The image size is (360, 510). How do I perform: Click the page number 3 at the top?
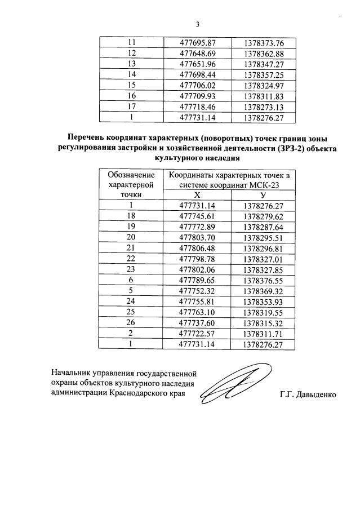(x=198, y=24)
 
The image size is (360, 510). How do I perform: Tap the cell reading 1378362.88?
(x=264, y=54)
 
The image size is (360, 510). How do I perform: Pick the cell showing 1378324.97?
(x=264, y=86)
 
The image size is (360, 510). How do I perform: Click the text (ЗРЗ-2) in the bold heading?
(x=288, y=148)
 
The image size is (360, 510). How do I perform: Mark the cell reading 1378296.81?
(x=263, y=248)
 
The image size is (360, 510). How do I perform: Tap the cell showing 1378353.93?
(x=263, y=301)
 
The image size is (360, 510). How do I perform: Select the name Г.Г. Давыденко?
(x=307, y=394)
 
